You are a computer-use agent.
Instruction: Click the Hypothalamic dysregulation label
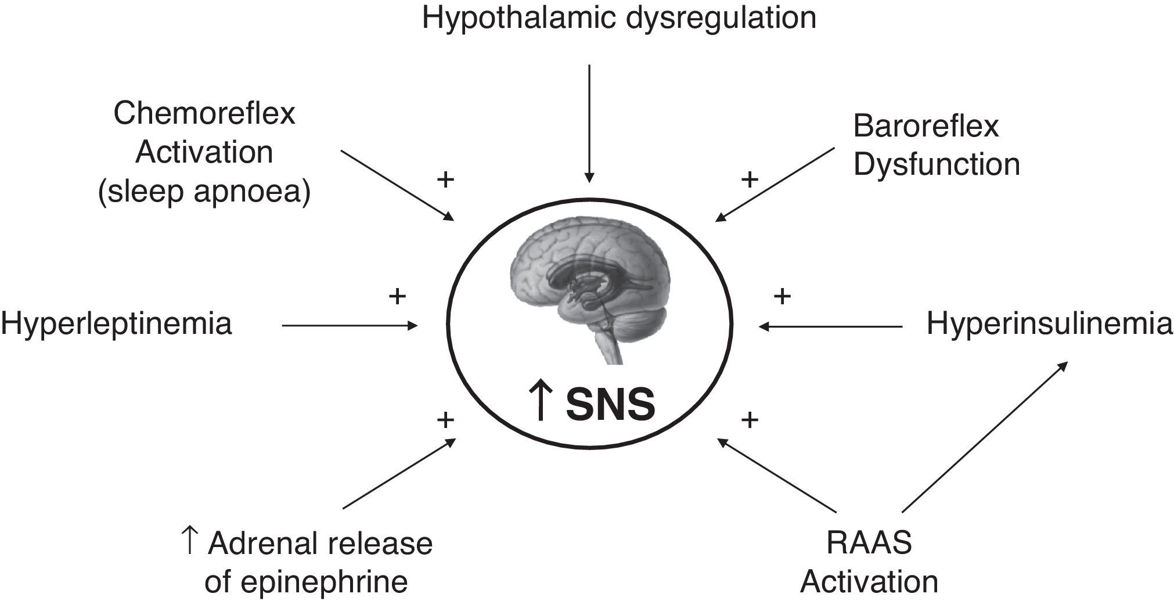pos(619,17)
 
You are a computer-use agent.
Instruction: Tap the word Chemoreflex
pos(204,113)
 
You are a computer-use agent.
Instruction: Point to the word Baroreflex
pos(925,126)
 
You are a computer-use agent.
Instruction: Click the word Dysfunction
pos(937,164)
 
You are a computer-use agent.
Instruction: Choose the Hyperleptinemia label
pos(116,323)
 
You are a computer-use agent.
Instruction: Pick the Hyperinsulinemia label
pos(1049,323)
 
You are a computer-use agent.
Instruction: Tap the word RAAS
pos(869,543)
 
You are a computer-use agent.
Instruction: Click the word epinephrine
pos(306,582)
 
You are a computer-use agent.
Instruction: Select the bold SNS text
pos(610,405)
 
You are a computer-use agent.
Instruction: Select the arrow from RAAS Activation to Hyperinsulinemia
pos(985,437)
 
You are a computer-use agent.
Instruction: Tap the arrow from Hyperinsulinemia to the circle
pos(830,326)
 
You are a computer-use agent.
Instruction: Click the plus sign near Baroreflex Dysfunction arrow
pos(750,179)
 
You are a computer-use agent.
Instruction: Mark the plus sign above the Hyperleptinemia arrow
pos(397,297)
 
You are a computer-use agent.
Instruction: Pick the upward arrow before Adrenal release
pos(189,541)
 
